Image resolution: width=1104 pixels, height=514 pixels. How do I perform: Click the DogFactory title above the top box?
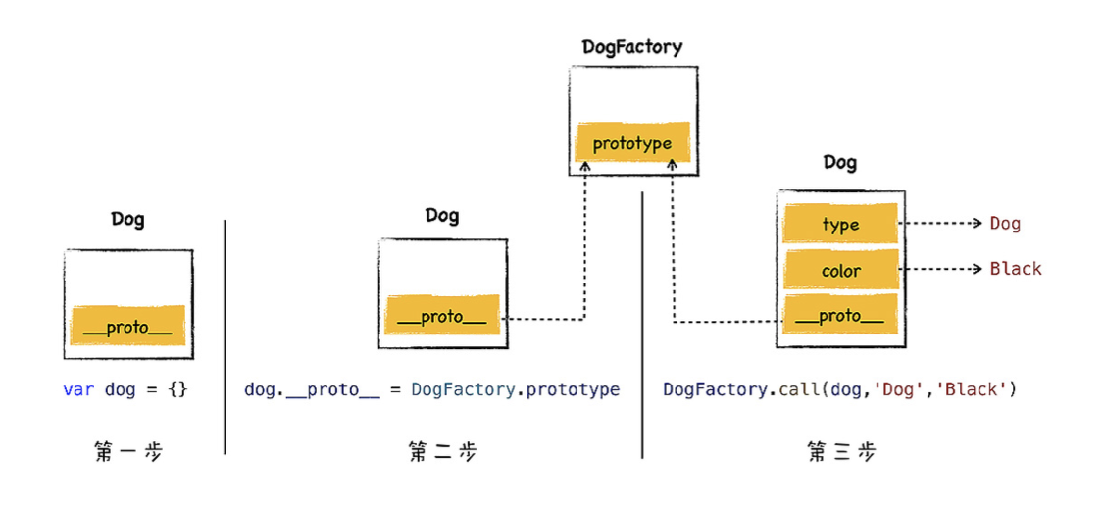tap(632, 46)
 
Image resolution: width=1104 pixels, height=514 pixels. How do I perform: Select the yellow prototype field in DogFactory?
tap(632, 143)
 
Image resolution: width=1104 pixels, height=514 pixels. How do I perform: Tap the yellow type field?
tap(840, 225)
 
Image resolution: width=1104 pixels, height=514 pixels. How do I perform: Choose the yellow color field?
tap(840, 271)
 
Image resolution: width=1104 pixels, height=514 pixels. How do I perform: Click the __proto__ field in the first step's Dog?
tap(127, 327)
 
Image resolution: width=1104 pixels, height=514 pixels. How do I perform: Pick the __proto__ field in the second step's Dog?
tap(441, 318)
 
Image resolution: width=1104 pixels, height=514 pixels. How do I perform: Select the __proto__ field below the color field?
tap(840, 316)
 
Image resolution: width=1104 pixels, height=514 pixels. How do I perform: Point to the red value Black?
tap(1016, 269)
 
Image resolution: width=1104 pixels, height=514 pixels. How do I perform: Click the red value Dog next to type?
tap(1005, 224)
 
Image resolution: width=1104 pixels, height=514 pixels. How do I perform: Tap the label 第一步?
tap(128, 452)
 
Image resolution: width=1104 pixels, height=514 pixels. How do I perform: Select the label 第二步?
tap(442, 452)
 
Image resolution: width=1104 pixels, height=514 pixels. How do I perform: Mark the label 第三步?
tap(841, 452)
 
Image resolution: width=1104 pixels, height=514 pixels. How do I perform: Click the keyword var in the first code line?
tap(78, 389)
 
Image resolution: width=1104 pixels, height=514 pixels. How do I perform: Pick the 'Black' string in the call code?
tap(973, 389)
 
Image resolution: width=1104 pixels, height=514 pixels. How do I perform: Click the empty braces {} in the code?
tap(177, 389)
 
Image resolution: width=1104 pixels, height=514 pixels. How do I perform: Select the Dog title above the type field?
tap(840, 163)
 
